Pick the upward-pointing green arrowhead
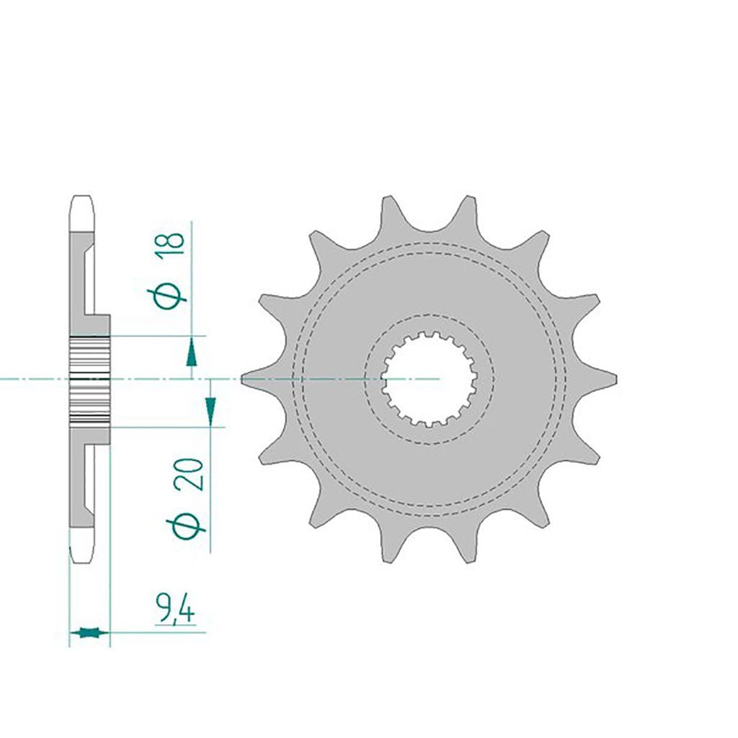point(190,354)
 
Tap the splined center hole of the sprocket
point(429,379)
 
